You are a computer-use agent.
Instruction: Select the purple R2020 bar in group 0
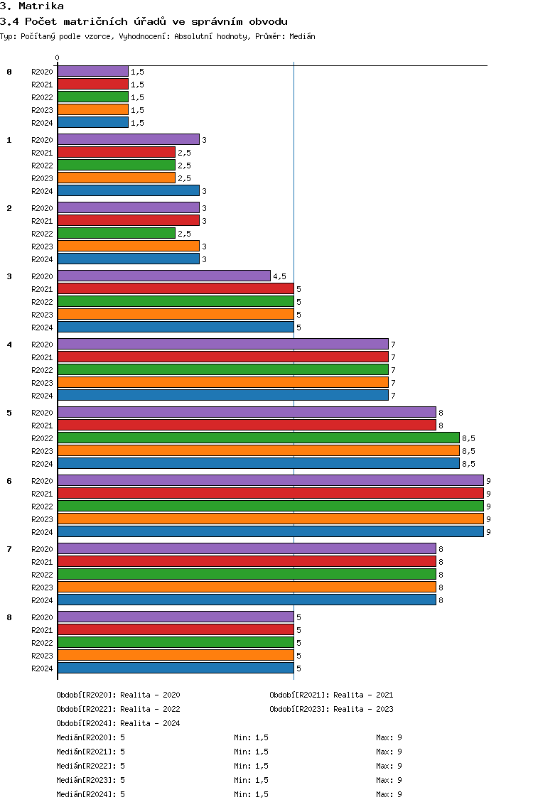click(x=92, y=71)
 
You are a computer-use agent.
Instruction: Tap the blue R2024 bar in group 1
click(x=128, y=190)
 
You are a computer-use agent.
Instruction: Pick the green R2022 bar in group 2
click(x=116, y=233)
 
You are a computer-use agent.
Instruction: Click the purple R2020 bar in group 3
click(x=163, y=276)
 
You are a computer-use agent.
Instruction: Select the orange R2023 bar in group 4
click(x=222, y=382)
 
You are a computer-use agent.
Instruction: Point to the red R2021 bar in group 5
click(x=246, y=425)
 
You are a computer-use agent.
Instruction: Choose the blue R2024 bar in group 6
click(x=270, y=531)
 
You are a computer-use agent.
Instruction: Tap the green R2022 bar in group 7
click(x=246, y=574)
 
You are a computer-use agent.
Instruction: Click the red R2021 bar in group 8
click(x=175, y=629)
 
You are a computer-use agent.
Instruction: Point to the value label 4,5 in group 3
click(x=279, y=276)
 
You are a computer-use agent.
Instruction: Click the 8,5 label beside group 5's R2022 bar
click(x=468, y=438)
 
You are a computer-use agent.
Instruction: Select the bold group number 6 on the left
click(x=9, y=481)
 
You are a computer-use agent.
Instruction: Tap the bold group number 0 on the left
click(x=9, y=72)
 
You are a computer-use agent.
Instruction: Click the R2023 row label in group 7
click(x=42, y=587)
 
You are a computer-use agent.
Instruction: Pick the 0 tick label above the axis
click(x=58, y=58)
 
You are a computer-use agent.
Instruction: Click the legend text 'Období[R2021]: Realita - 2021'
click(x=331, y=695)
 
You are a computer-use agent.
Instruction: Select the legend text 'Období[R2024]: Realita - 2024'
click(x=118, y=723)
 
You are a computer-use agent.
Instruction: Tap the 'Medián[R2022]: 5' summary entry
click(x=90, y=766)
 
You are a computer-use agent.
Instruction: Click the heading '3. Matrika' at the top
click(x=32, y=6)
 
